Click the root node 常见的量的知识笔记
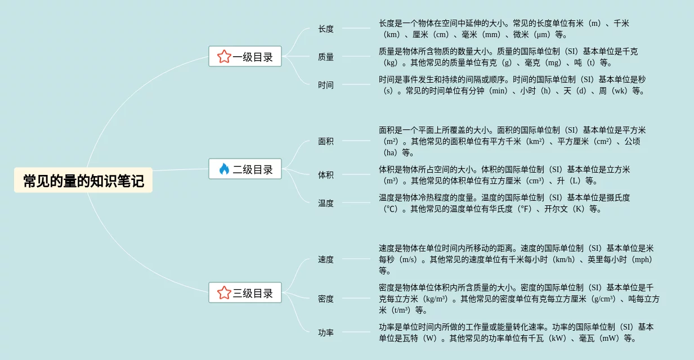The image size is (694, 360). (83, 181)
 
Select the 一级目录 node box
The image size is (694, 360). (245, 56)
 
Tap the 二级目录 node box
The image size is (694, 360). (245, 169)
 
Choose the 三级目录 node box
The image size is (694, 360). (245, 292)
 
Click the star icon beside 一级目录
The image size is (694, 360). (224, 56)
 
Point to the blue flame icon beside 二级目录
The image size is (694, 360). (224, 169)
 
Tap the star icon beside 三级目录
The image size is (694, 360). (224, 292)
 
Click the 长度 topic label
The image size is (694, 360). (326, 29)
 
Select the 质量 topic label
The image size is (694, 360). (326, 57)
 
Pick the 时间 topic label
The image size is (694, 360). (326, 85)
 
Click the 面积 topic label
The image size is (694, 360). (326, 141)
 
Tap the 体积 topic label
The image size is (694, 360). (326, 175)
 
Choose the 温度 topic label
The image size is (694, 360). (326, 203)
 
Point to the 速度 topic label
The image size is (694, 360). (326, 259)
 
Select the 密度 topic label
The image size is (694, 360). (326, 299)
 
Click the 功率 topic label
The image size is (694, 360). (326, 332)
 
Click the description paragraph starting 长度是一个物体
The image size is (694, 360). (504, 29)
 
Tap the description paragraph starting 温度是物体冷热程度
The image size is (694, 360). (504, 203)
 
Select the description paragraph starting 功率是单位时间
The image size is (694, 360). (515, 332)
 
